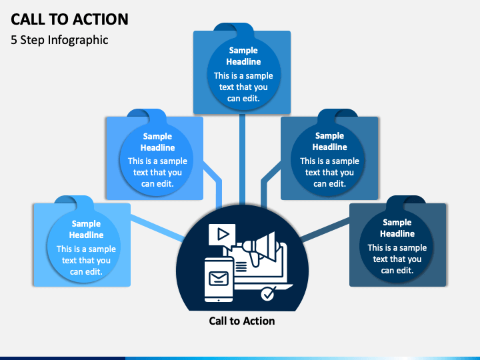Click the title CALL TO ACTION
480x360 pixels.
(69, 19)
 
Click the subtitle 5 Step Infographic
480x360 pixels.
(59, 40)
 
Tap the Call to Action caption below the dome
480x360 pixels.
(242, 321)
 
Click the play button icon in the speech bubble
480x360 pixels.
(223, 235)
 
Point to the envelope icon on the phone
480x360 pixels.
(219, 279)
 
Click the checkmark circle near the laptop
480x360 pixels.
(268, 294)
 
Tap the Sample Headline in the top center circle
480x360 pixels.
(243, 56)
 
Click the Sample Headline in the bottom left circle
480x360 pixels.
(86, 229)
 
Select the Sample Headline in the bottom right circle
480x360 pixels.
(397, 228)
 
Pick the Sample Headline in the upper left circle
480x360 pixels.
(157, 142)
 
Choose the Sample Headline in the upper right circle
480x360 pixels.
(329, 141)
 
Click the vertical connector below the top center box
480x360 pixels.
(242, 159)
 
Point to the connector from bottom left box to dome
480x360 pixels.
(157, 228)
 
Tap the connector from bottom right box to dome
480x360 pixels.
(325, 229)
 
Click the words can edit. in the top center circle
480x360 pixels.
(243, 99)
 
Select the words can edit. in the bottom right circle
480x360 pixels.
(397, 271)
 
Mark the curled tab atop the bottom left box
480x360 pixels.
(74, 201)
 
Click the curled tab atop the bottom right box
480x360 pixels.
(406, 201)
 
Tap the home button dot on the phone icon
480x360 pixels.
(219, 300)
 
